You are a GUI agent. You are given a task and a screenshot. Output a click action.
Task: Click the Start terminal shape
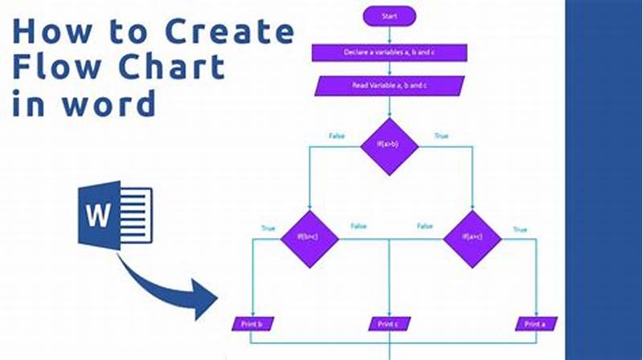pos(390,14)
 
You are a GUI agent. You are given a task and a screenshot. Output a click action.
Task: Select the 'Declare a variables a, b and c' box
pos(390,53)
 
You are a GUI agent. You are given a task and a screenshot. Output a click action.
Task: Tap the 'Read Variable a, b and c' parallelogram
pos(390,85)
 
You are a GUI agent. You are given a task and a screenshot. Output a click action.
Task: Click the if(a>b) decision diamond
pos(388,145)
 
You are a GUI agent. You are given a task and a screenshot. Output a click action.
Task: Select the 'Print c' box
pos(389,324)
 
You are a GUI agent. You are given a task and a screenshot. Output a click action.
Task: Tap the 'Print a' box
pos(536,324)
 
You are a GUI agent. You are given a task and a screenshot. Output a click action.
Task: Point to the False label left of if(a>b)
pos(337,137)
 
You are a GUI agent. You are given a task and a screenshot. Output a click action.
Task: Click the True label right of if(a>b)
pos(440,137)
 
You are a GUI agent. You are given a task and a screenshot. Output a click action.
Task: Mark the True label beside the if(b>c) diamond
pos(268,229)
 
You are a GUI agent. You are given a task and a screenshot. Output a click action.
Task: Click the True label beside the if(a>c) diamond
pos(520,229)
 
